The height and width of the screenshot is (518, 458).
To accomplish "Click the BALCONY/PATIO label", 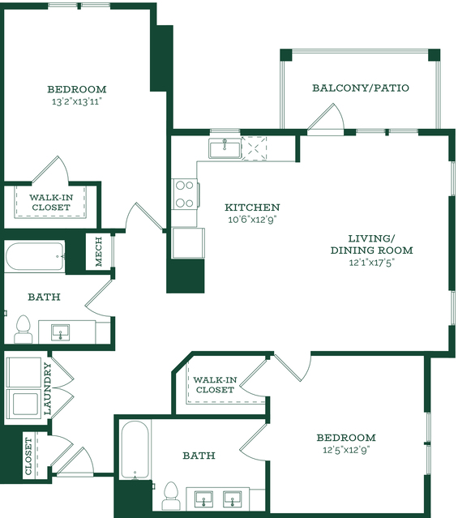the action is (x=361, y=88).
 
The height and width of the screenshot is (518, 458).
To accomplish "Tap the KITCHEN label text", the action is (x=252, y=208).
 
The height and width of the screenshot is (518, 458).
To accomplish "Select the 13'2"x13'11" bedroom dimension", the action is (x=76, y=101).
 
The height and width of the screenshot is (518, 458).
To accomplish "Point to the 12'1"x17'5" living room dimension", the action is (x=372, y=263).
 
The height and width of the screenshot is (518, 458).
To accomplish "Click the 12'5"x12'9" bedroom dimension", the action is (x=346, y=450).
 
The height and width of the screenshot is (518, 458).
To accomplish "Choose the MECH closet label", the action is (x=98, y=252).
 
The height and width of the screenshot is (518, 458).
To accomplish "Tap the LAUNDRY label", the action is (x=48, y=389).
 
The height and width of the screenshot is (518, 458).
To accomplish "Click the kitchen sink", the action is (x=225, y=148).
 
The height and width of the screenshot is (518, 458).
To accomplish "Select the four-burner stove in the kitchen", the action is (x=185, y=194).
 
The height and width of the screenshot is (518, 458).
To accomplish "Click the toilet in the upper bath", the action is (x=24, y=329).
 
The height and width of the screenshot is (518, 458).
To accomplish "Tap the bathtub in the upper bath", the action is (x=35, y=256).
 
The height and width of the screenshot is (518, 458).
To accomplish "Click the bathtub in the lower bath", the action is (x=135, y=450).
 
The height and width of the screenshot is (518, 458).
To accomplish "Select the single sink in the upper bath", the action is (x=61, y=332).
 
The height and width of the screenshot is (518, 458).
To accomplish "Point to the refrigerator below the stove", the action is (x=188, y=243).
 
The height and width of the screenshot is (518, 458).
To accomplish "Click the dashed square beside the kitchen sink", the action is (x=254, y=148).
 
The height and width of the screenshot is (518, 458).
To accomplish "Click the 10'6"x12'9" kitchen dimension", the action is (x=252, y=220).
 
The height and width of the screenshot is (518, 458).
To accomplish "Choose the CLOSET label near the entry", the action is (x=28, y=456).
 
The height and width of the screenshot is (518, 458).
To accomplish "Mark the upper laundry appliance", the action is (x=24, y=373).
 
